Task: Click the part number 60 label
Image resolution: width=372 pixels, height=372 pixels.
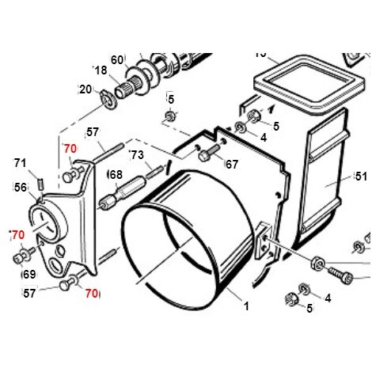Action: pyautogui.click(x=117, y=60)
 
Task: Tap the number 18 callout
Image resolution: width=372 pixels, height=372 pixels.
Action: pyautogui.click(x=101, y=70)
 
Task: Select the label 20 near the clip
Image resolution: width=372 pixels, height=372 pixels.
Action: pyautogui.click(x=85, y=89)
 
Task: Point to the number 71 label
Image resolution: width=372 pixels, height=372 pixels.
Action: pyautogui.click(x=21, y=163)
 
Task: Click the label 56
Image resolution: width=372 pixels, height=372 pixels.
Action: pyautogui.click(x=21, y=188)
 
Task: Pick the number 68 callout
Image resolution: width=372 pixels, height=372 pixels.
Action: pyautogui.click(x=116, y=175)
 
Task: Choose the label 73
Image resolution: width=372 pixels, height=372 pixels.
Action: pyautogui.click(x=138, y=155)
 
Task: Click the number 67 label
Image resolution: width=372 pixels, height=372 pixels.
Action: pyautogui.click(x=232, y=165)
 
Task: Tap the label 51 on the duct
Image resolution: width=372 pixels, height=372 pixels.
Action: pyautogui.click(x=361, y=177)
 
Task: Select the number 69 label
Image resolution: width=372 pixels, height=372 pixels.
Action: pyautogui.click(x=29, y=275)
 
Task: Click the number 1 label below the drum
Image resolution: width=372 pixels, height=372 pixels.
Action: pyautogui.click(x=246, y=306)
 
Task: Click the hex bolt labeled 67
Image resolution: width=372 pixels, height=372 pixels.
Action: pyautogui.click(x=209, y=153)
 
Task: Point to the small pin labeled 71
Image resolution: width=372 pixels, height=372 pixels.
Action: pyautogui.click(x=40, y=184)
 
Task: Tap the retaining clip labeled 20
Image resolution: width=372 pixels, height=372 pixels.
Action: pyautogui.click(x=109, y=101)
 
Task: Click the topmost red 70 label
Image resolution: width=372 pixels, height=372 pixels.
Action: pyautogui.click(x=70, y=149)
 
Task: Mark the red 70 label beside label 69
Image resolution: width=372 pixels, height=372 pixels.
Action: pyautogui.click(x=18, y=235)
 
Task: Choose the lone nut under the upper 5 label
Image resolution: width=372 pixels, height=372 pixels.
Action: pyautogui.click(x=169, y=116)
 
